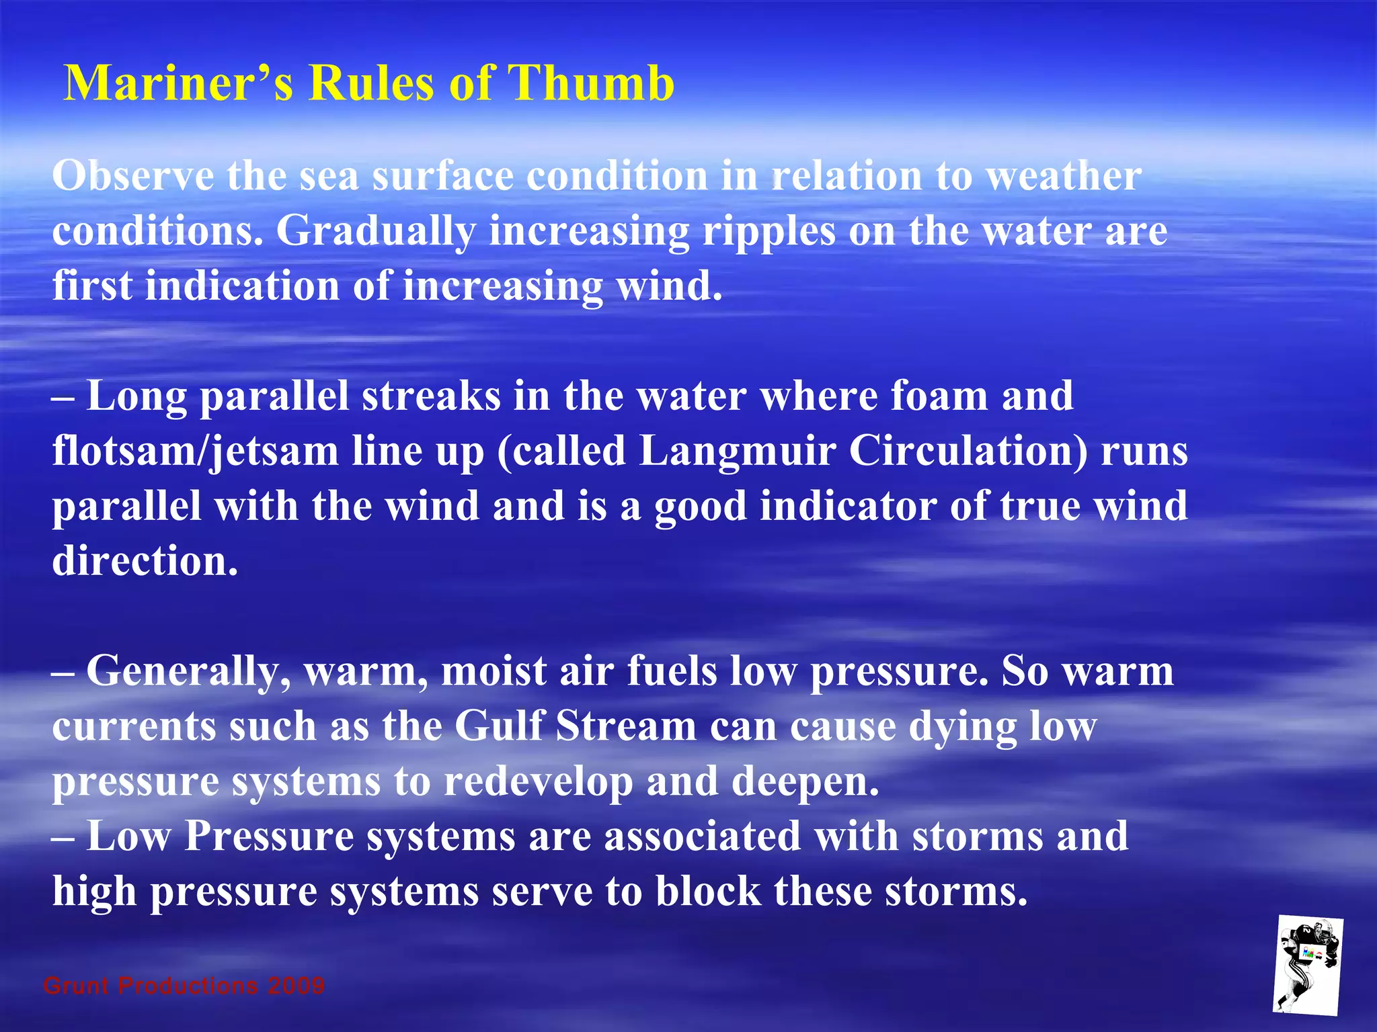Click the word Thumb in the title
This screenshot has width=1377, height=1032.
[590, 83]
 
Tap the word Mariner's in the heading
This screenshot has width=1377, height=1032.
[178, 83]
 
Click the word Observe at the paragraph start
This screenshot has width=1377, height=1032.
[132, 176]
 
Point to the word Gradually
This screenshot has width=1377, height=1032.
[376, 232]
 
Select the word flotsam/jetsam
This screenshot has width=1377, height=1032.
[195, 451]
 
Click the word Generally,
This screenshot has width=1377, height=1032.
[189, 671]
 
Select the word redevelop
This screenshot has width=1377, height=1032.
[538, 782]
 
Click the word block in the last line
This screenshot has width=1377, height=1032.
[708, 892]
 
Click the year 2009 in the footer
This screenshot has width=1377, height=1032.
[296, 986]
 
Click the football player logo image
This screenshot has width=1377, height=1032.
[1307, 965]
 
